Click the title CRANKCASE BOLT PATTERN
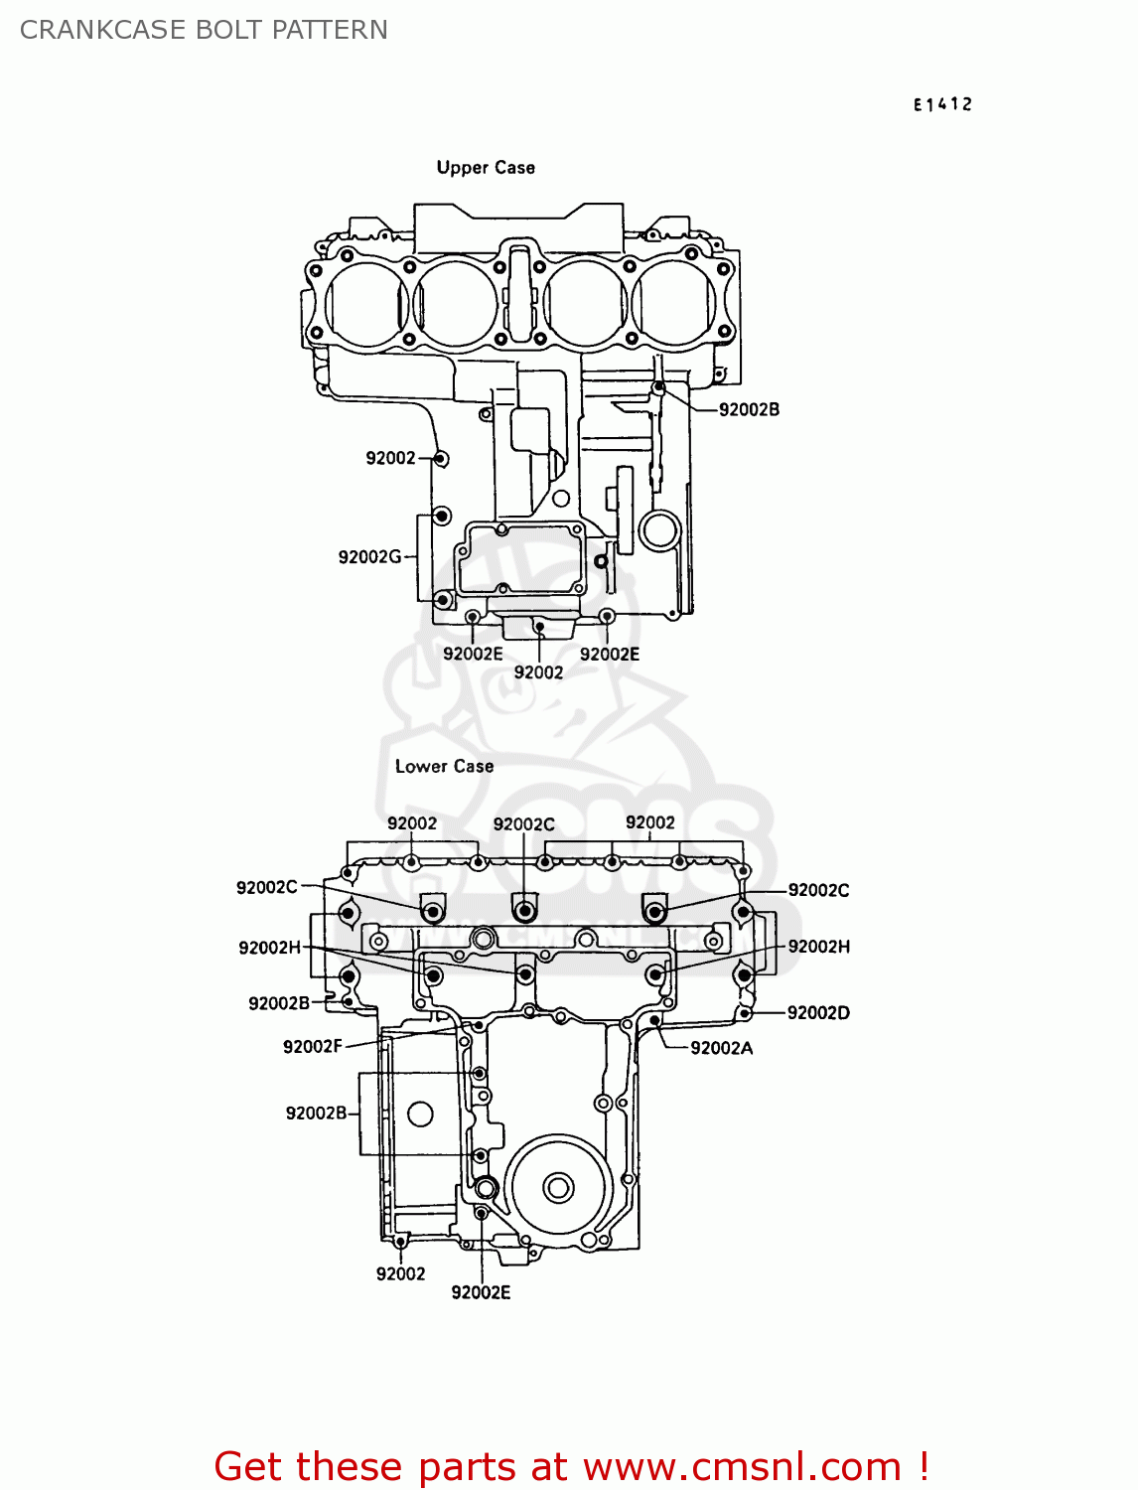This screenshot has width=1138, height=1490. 204,30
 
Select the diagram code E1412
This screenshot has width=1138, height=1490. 942,104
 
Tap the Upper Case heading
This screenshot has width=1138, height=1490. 486,168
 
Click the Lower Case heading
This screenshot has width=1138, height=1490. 444,766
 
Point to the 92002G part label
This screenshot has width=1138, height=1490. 369,557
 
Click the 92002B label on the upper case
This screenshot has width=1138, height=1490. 749,409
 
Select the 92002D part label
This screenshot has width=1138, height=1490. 818,1013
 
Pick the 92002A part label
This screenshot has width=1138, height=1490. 721,1048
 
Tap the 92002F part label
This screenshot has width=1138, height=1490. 312,1046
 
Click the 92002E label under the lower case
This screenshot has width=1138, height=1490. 481,1292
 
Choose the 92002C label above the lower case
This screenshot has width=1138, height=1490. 523,824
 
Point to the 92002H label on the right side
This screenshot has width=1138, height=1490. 818,947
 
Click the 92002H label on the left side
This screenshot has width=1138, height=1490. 269,948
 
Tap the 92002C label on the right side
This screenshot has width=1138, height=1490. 818,890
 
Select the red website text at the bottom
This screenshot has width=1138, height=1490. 571,1466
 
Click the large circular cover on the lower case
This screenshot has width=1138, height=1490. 557,1187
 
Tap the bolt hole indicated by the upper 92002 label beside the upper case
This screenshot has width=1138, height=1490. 441,458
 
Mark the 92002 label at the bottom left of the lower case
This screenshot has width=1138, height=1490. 400,1274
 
